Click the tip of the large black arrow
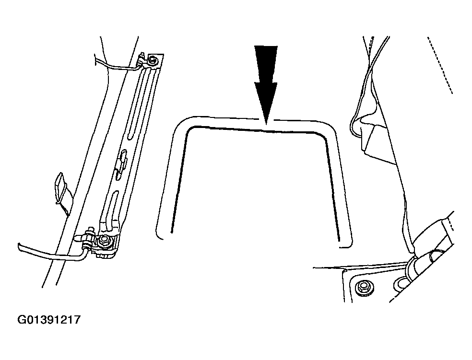(x=266, y=124)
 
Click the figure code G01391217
(x=49, y=319)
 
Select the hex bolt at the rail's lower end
(x=105, y=240)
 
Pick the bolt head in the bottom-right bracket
(x=362, y=287)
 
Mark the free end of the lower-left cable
(x=19, y=246)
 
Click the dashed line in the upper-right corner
(x=440, y=65)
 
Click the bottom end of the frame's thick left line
(x=171, y=232)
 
